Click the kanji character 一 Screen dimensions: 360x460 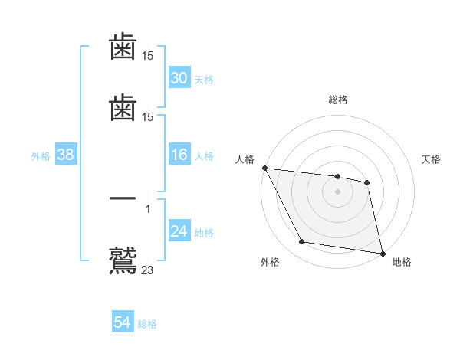click(x=123, y=199)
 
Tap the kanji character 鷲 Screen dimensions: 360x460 click(x=123, y=259)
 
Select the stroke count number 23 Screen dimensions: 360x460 click(x=148, y=269)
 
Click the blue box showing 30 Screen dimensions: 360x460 click(x=179, y=78)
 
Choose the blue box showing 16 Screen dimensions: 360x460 click(x=179, y=155)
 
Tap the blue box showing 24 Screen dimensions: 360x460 click(x=179, y=232)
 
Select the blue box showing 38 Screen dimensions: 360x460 click(x=66, y=155)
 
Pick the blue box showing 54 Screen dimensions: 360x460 click(x=123, y=323)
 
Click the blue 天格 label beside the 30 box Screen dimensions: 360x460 click(x=204, y=79)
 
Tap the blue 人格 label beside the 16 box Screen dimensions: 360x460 click(x=204, y=156)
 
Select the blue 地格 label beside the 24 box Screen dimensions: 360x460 click(x=204, y=233)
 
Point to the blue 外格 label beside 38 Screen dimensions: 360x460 click(x=41, y=156)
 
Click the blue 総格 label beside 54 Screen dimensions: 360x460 click(x=147, y=324)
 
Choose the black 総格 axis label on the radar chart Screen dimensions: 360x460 click(x=338, y=100)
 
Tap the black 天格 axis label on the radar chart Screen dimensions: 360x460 click(x=432, y=159)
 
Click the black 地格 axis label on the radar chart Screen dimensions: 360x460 click(x=402, y=262)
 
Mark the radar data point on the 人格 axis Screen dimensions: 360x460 click(x=264, y=168)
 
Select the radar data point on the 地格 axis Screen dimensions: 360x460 click(x=382, y=252)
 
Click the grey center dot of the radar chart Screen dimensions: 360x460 click(x=338, y=191)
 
